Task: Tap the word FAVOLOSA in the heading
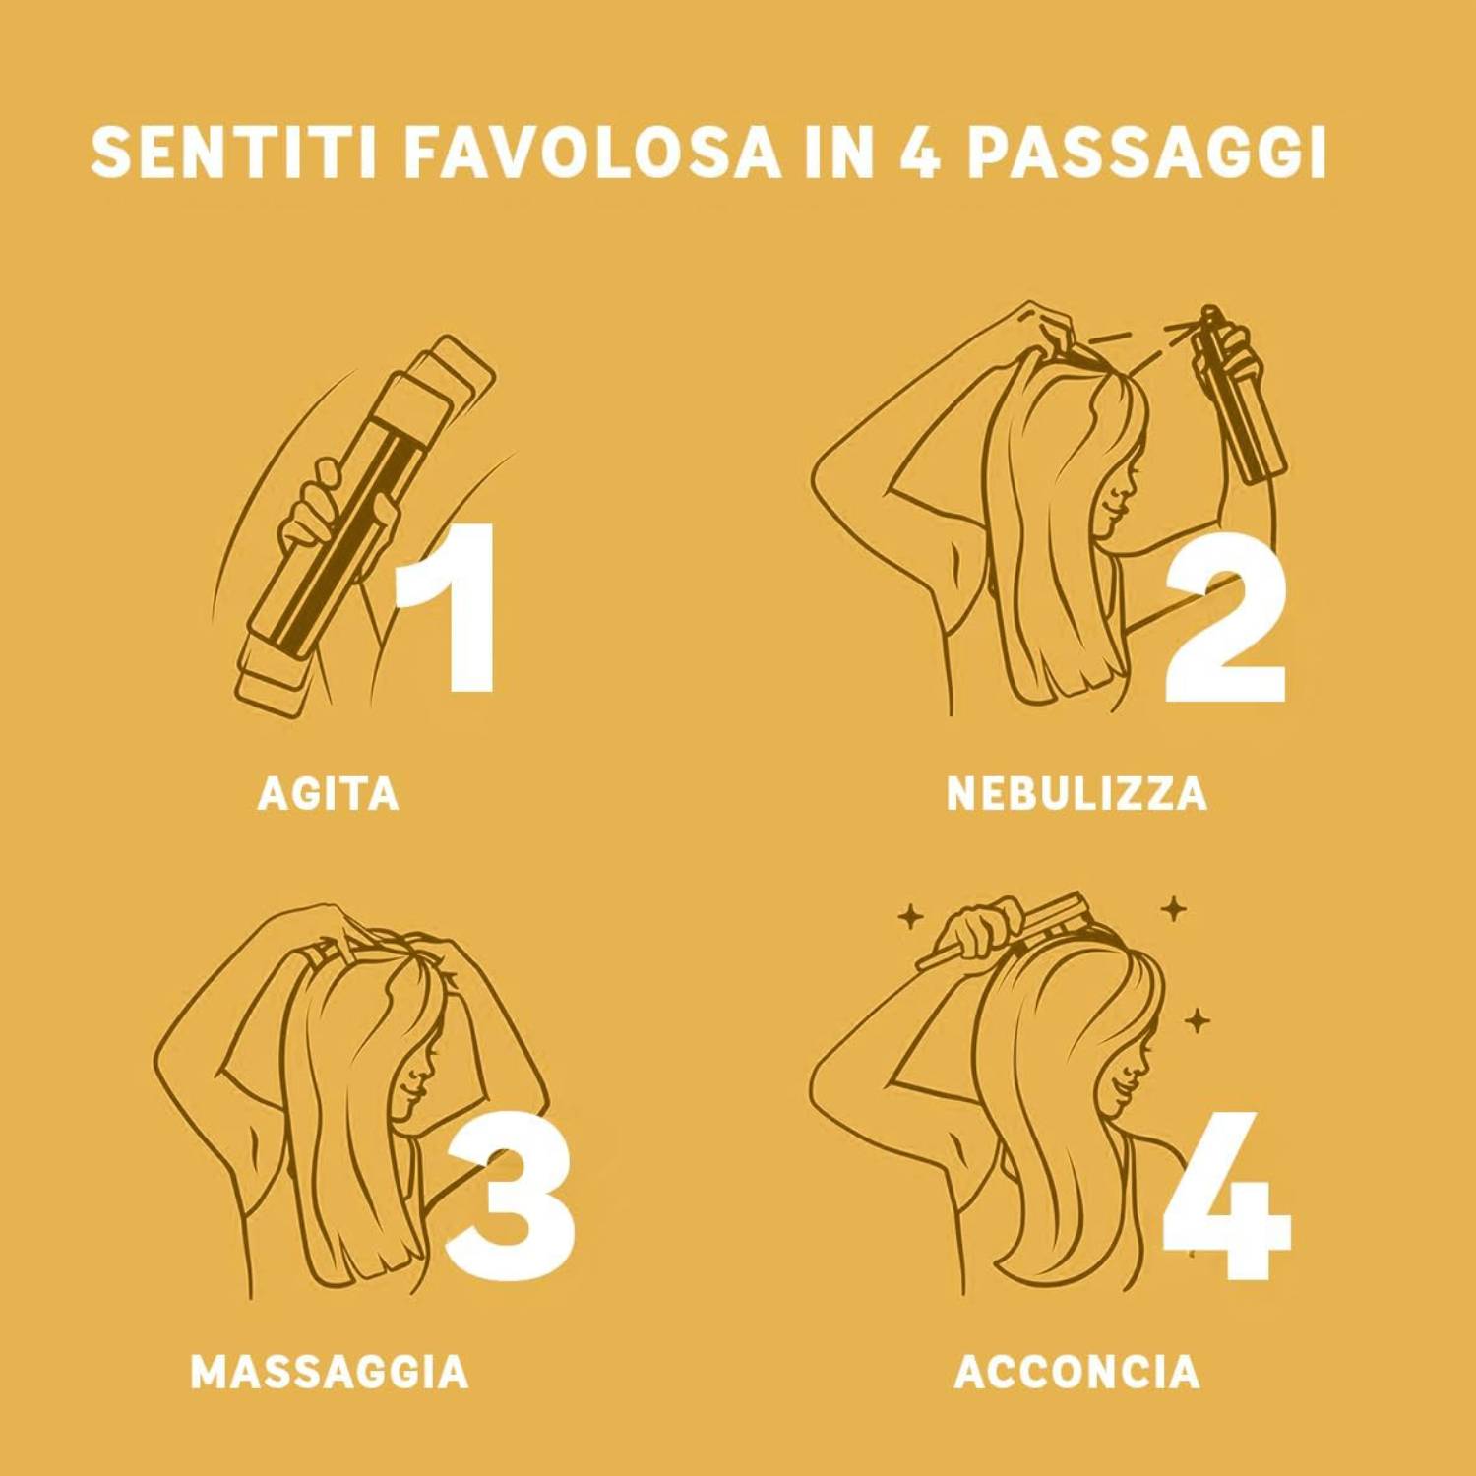click(591, 152)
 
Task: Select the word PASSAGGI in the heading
click(1146, 152)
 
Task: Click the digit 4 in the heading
click(919, 152)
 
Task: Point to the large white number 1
click(448, 607)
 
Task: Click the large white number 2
click(1225, 620)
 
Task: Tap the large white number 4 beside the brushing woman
click(1226, 1196)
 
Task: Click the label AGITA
click(329, 793)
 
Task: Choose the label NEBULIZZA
click(1076, 793)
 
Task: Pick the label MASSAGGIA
click(330, 1372)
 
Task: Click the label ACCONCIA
click(1076, 1372)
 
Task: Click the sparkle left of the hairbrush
click(910, 918)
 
